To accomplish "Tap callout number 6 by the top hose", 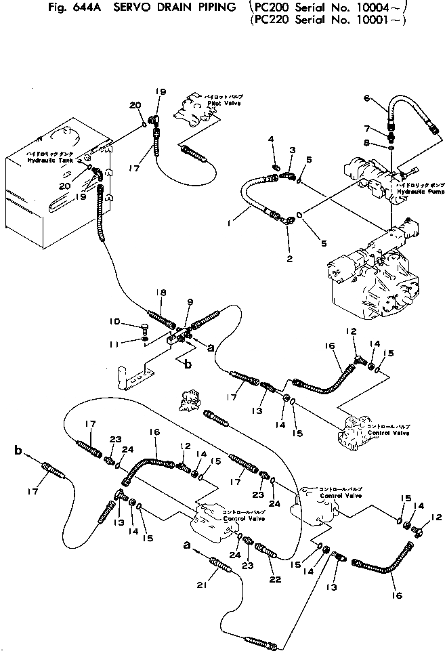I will point(366,98).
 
